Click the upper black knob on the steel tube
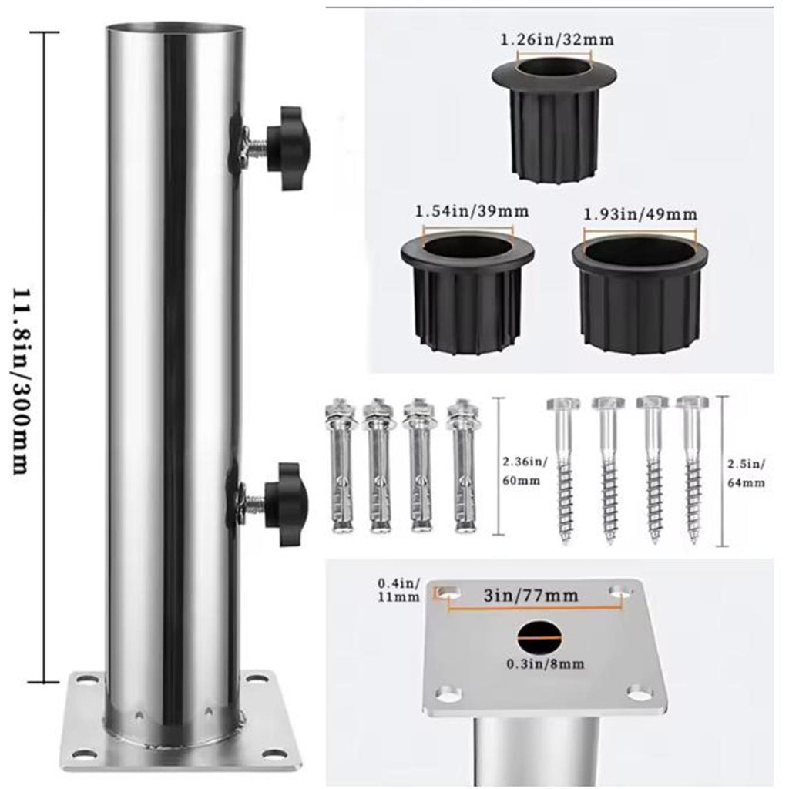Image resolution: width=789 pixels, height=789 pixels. (x=288, y=148)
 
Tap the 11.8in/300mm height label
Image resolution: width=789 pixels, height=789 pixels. (x=20, y=381)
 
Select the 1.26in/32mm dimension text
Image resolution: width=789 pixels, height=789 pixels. (x=557, y=40)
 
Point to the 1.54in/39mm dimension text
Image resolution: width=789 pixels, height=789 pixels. (x=472, y=211)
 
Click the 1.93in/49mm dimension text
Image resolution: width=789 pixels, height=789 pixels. (x=640, y=214)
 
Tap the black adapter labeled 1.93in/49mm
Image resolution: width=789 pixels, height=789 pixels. (x=640, y=292)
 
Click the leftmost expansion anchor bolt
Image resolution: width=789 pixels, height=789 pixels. (x=341, y=465)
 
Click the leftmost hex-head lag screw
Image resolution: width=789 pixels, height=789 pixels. (x=564, y=470)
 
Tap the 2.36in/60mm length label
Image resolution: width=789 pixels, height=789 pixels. (x=524, y=471)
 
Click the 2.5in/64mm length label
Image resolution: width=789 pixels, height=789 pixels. (x=747, y=474)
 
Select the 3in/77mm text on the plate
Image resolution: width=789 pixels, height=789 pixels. (x=531, y=596)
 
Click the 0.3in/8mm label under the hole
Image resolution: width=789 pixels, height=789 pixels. (x=545, y=664)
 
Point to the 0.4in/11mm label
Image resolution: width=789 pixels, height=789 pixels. (x=398, y=590)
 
